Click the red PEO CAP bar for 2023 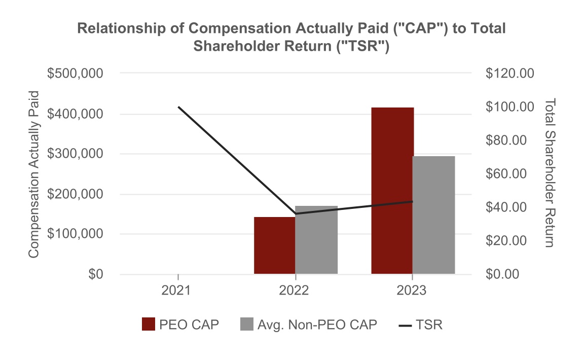pos(392,191)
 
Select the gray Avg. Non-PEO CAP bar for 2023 pos(433,215)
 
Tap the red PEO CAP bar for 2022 pos(274,245)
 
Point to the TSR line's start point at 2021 pos(178,107)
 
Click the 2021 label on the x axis pos(178,291)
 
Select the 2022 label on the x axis pos(295,291)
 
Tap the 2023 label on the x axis pos(412,291)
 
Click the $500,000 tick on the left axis pos(75,74)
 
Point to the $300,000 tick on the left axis pos(75,154)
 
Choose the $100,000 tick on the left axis pos(75,234)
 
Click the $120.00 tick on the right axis pos(509,74)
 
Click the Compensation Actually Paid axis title pos(33,174)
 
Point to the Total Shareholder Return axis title pos(550,173)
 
